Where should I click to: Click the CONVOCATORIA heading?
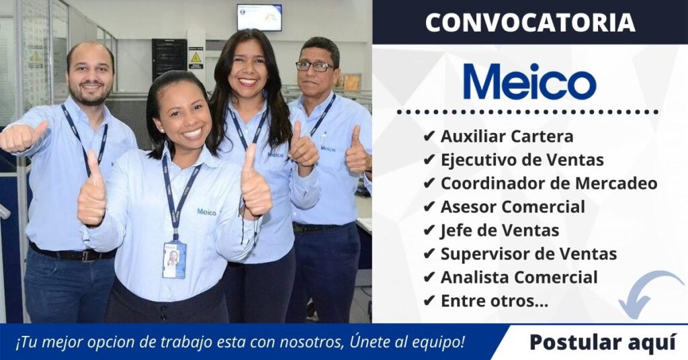point(530,23)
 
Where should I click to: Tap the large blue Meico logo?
point(529,82)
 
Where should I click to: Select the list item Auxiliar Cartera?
point(507,136)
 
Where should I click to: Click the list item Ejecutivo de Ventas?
point(522,160)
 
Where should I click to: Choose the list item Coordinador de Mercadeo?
point(548,183)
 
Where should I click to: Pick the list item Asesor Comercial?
point(513,207)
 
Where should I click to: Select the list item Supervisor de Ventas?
point(529,254)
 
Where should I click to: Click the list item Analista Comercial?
point(519,277)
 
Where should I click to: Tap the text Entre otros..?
point(494,302)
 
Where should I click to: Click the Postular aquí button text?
point(602,342)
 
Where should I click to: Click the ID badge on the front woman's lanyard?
point(173,259)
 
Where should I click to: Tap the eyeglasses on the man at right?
point(314,66)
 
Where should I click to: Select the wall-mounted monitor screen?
point(259,17)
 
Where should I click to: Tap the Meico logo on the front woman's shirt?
point(206,212)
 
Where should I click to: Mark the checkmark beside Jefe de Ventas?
point(429,230)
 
